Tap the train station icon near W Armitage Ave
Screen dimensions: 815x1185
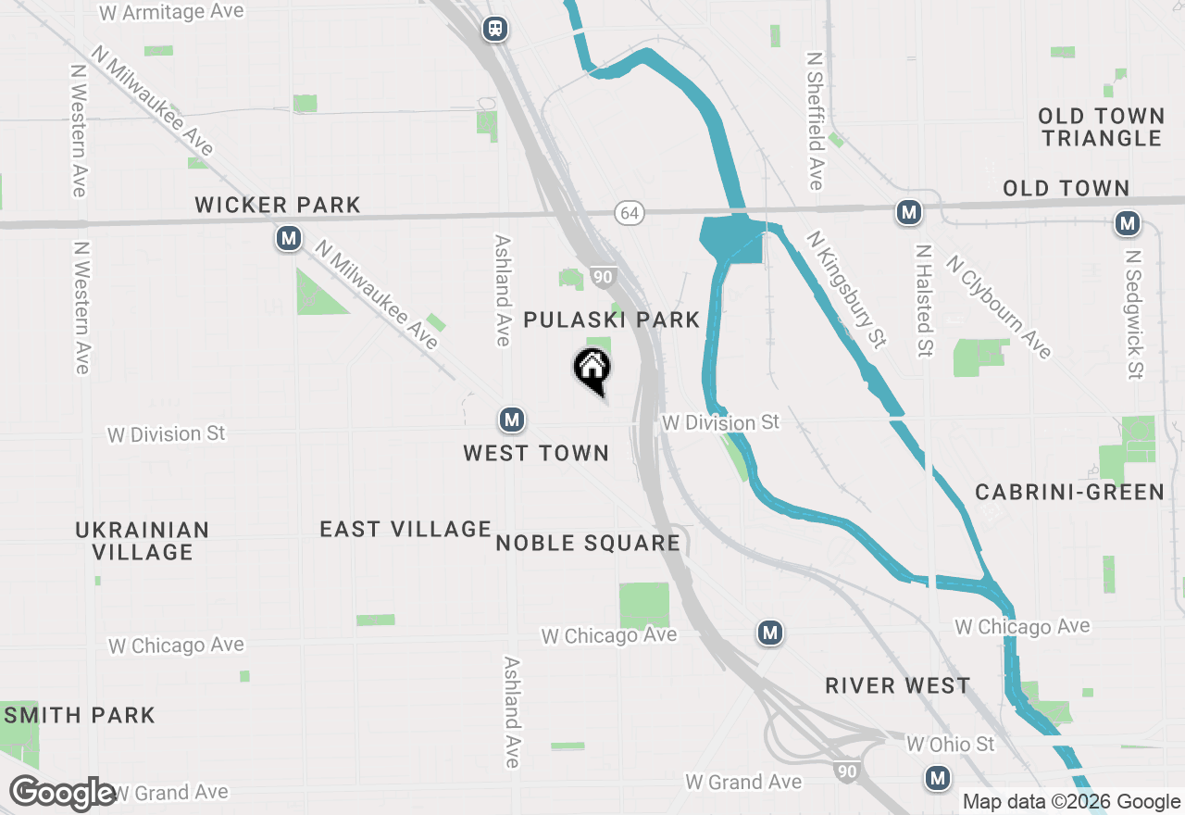(x=495, y=29)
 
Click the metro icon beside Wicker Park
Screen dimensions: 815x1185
(x=289, y=239)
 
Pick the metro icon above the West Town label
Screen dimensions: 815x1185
(x=512, y=420)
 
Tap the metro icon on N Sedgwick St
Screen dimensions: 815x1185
(x=1127, y=223)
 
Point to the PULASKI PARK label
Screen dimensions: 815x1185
(x=611, y=320)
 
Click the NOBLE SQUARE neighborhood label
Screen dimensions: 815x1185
(x=588, y=543)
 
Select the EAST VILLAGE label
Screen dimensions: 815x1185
(x=405, y=529)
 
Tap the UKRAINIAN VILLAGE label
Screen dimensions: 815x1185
(x=143, y=541)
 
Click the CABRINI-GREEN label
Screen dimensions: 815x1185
(x=1069, y=492)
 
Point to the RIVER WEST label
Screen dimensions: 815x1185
(x=897, y=685)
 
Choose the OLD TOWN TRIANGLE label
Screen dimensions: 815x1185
(x=1101, y=127)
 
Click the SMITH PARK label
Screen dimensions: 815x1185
(x=80, y=715)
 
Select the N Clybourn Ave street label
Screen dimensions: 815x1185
(x=998, y=307)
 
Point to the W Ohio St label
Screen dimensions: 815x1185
(x=950, y=744)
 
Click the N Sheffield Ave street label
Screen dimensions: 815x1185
(x=815, y=120)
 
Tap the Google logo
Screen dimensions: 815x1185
(x=62, y=793)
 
